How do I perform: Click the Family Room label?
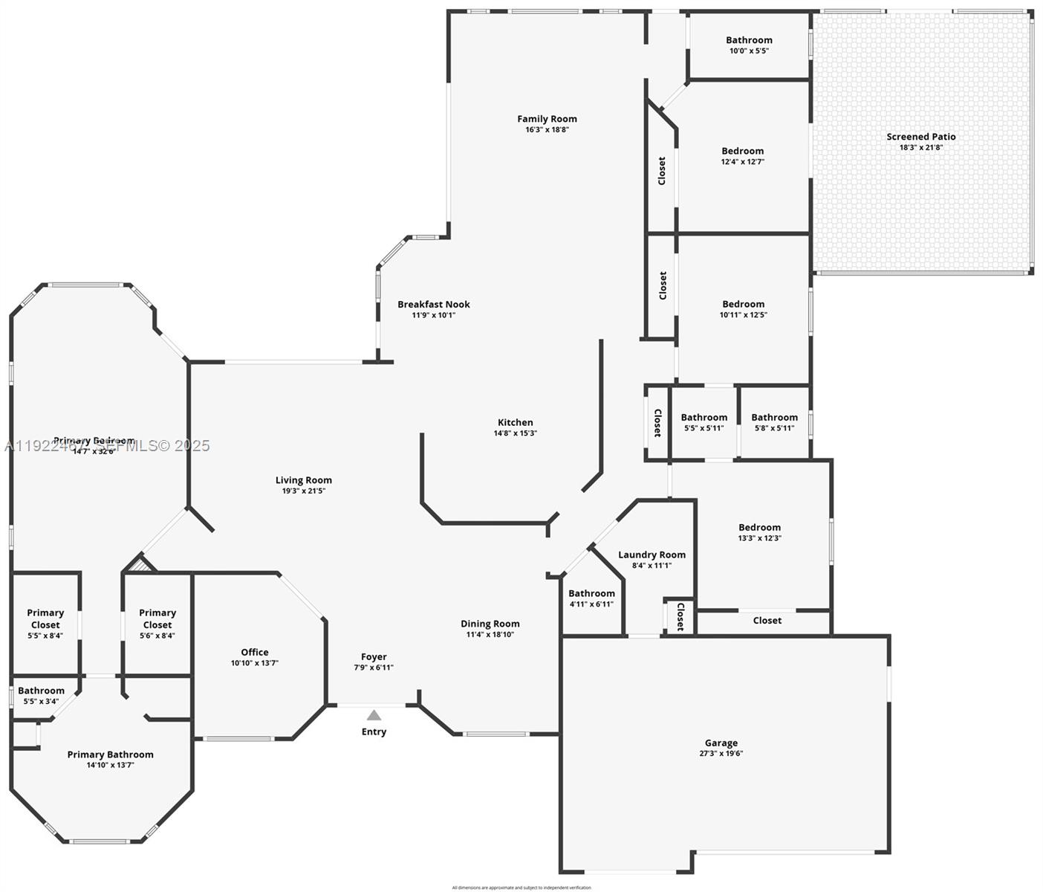[x=547, y=119]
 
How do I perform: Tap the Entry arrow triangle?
[x=374, y=715]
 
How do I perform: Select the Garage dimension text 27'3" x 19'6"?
[x=721, y=753]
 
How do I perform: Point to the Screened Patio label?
[x=920, y=137]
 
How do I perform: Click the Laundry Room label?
[x=652, y=555]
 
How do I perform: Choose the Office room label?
[x=254, y=652]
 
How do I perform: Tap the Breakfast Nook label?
[x=433, y=304]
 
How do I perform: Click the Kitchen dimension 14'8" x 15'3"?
[x=515, y=433]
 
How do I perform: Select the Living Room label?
[x=303, y=480]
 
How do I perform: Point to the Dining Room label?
[x=490, y=624]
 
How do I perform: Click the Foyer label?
[x=374, y=656]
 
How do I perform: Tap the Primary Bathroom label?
[x=110, y=754]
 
